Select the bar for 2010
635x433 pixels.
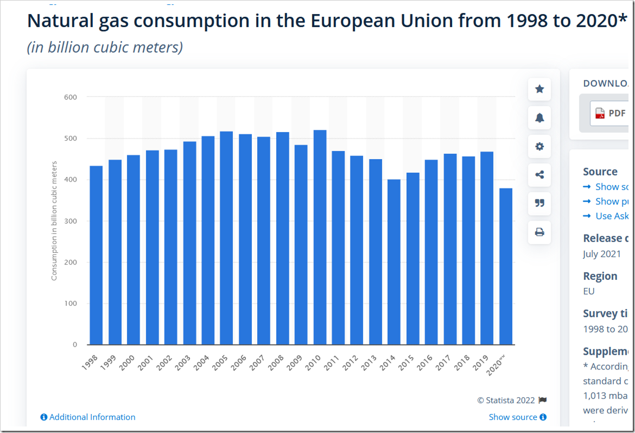pyautogui.click(x=320, y=237)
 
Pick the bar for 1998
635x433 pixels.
pyautogui.click(x=96, y=255)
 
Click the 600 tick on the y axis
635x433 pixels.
pyautogui.click(x=71, y=97)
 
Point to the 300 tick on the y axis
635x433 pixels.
pyautogui.click(x=71, y=221)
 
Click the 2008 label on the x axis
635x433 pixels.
pyautogui.click(x=276, y=364)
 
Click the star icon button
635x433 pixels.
pyautogui.click(x=539, y=89)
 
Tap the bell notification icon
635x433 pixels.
pyautogui.click(x=539, y=118)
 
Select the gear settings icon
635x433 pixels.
pyautogui.click(x=539, y=146)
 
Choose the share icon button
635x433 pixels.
pyautogui.click(x=539, y=175)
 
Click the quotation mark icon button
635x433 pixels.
pyautogui.click(x=539, y=203)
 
